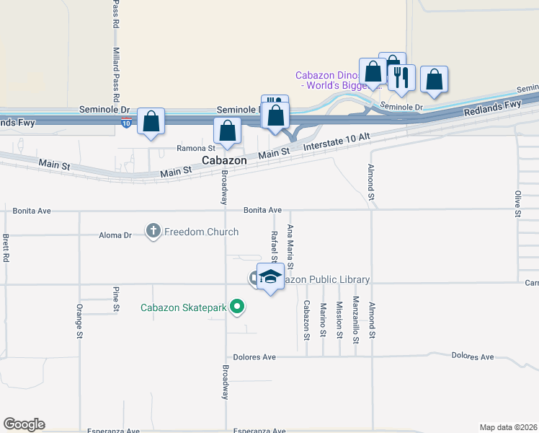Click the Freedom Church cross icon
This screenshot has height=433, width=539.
153,232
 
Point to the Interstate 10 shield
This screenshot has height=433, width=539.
127,123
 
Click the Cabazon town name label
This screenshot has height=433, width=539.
224,161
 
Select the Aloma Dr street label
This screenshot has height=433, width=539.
115,235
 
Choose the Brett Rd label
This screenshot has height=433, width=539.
6,248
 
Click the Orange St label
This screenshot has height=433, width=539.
80,320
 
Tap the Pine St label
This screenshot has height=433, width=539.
115,299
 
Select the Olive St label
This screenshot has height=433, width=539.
517,204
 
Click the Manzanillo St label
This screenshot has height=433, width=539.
356,316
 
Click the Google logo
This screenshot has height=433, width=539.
24,424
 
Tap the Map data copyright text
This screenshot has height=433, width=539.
508,427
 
